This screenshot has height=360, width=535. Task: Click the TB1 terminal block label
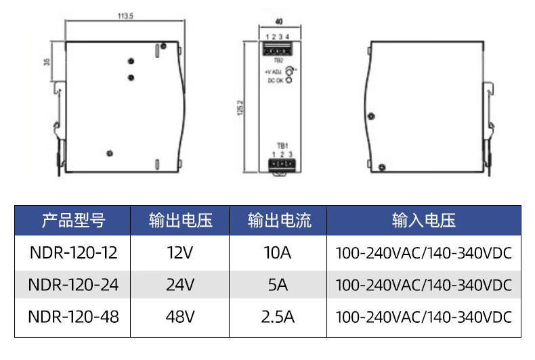[282, 145]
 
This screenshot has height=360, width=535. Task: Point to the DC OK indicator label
[276, 81]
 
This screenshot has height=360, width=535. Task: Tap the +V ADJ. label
[274, 71]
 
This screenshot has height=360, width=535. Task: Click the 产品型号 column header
[73, 220]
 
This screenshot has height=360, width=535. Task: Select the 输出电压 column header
[181, 220]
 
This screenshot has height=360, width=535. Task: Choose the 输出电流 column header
[278, 220]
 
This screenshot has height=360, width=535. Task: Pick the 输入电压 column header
[423, 220]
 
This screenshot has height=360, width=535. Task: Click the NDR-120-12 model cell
[73, 253]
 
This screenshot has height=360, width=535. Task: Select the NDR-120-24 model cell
[73, 286]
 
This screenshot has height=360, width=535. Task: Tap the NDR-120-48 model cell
[73, 317]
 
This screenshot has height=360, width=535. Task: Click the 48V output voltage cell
[181, 317]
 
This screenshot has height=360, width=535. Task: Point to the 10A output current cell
[278, 253]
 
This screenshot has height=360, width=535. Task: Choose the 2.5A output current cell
[278, 317]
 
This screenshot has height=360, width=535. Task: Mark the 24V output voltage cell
[181, 286]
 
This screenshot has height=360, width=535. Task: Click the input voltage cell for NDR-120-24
[423, 286]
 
